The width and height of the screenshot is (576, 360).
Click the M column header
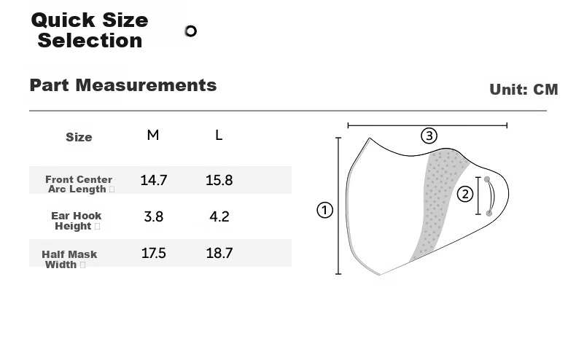[153, 136]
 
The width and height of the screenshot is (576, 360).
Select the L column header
[219, 136]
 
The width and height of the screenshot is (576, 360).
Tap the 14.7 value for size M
[154, 180]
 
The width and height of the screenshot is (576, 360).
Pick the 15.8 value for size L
[219, 180]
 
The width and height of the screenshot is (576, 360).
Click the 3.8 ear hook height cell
[154, 216]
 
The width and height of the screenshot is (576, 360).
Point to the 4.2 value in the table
[219, 216]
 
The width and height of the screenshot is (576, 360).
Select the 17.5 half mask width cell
[154, 253]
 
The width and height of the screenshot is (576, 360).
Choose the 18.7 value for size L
[219, 253]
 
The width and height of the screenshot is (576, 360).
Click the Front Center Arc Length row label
[79, 184]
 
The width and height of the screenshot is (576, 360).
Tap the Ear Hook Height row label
[76, 221]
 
